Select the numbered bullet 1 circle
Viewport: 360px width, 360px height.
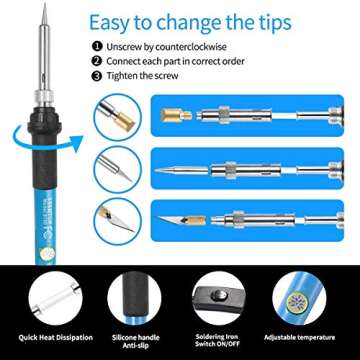coord(96,46)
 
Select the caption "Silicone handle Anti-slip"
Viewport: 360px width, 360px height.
coord(135,341)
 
